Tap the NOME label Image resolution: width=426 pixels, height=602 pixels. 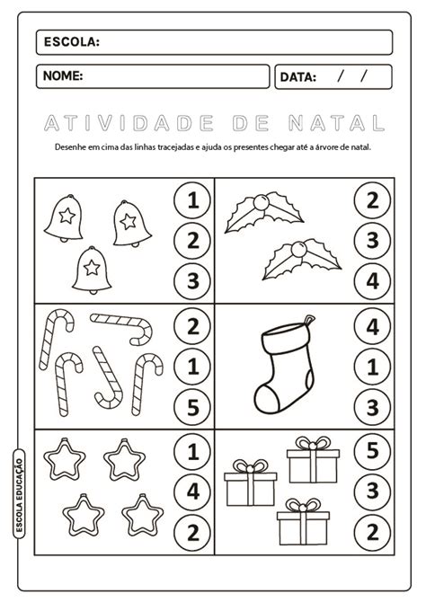tap(63, 75)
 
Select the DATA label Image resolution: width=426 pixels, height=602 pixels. tap(298, 77)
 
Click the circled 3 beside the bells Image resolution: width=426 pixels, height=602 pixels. tap(193, 280)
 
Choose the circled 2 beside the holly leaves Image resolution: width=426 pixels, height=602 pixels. tap(372, 200)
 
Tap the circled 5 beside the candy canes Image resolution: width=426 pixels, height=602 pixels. tap(193, 407)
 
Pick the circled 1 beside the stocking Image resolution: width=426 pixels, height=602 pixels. tap(372, 367)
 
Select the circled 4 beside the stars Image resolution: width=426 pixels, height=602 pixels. tap(193, 491)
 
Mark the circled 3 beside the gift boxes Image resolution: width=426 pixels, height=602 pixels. tap(372, 491)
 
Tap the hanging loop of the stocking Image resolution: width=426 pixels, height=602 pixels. tap(309, 320)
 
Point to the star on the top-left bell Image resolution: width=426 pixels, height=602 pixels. tap(67, 216)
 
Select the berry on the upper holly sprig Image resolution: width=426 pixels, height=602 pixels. tap(261, 202)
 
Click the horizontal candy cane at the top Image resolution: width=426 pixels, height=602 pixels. tap(122, 325)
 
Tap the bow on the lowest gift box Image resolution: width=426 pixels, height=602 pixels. tap(303, 506)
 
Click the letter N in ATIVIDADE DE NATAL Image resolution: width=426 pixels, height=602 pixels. tap(297, 123)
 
